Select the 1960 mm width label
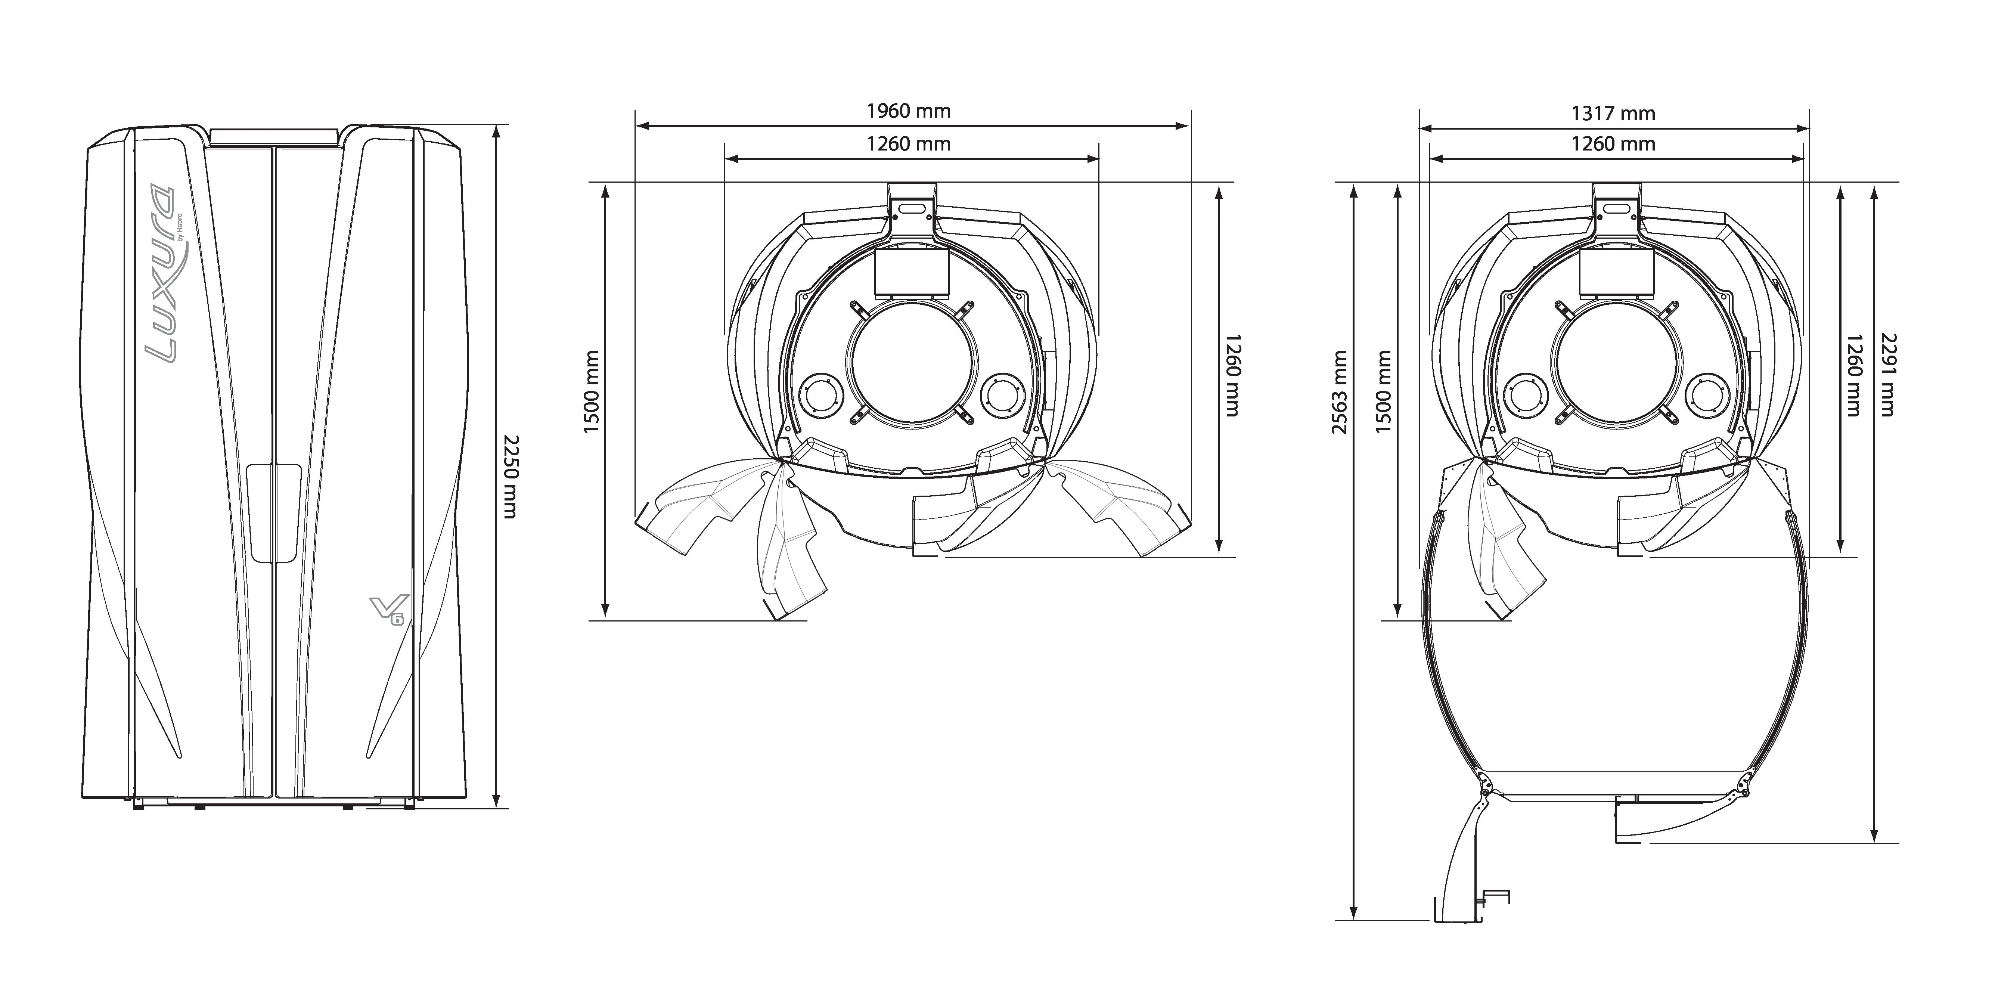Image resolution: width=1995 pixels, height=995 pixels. (909, 111)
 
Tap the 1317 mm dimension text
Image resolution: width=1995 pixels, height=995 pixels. (1613, 114)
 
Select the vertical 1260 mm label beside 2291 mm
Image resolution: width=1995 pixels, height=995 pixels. (1853, 375)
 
